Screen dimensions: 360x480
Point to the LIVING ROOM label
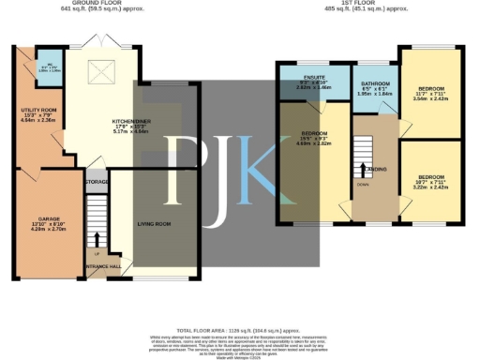[x=155, y=224]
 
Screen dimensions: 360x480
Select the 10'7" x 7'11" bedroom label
[x=431, y=177]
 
